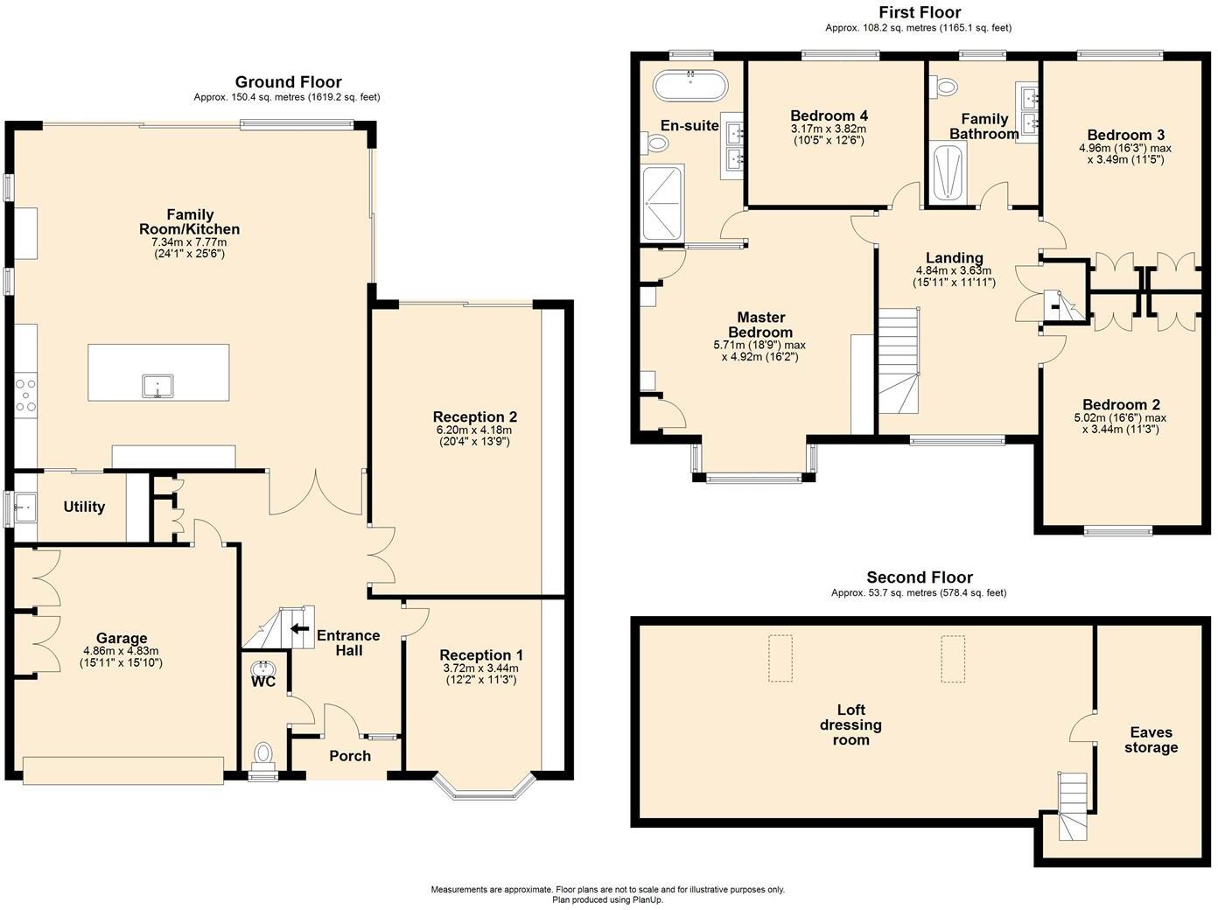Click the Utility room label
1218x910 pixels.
click(84, 507)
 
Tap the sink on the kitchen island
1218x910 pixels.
click(157, 386)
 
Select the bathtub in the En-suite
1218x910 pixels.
click(690, 86)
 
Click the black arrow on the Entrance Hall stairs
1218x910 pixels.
click(299, 628)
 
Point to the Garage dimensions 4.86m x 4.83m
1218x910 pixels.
click(121, 651)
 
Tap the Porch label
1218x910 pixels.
click(350, 756)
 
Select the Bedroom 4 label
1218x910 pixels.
click(829, 115)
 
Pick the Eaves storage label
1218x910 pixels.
click(1151, 739)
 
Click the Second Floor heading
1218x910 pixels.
click(920, 577)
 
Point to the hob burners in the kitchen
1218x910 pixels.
click(25, 395)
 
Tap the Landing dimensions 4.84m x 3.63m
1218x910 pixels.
click(954, 270)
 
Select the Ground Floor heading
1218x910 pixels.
click(288, 82)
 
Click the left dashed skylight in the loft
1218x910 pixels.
click(780, 659)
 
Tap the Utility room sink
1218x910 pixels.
click(25, 507)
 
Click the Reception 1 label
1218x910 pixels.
click(480, 655)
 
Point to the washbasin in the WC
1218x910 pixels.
click(262, 668)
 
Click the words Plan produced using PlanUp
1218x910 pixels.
click(607, 900)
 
